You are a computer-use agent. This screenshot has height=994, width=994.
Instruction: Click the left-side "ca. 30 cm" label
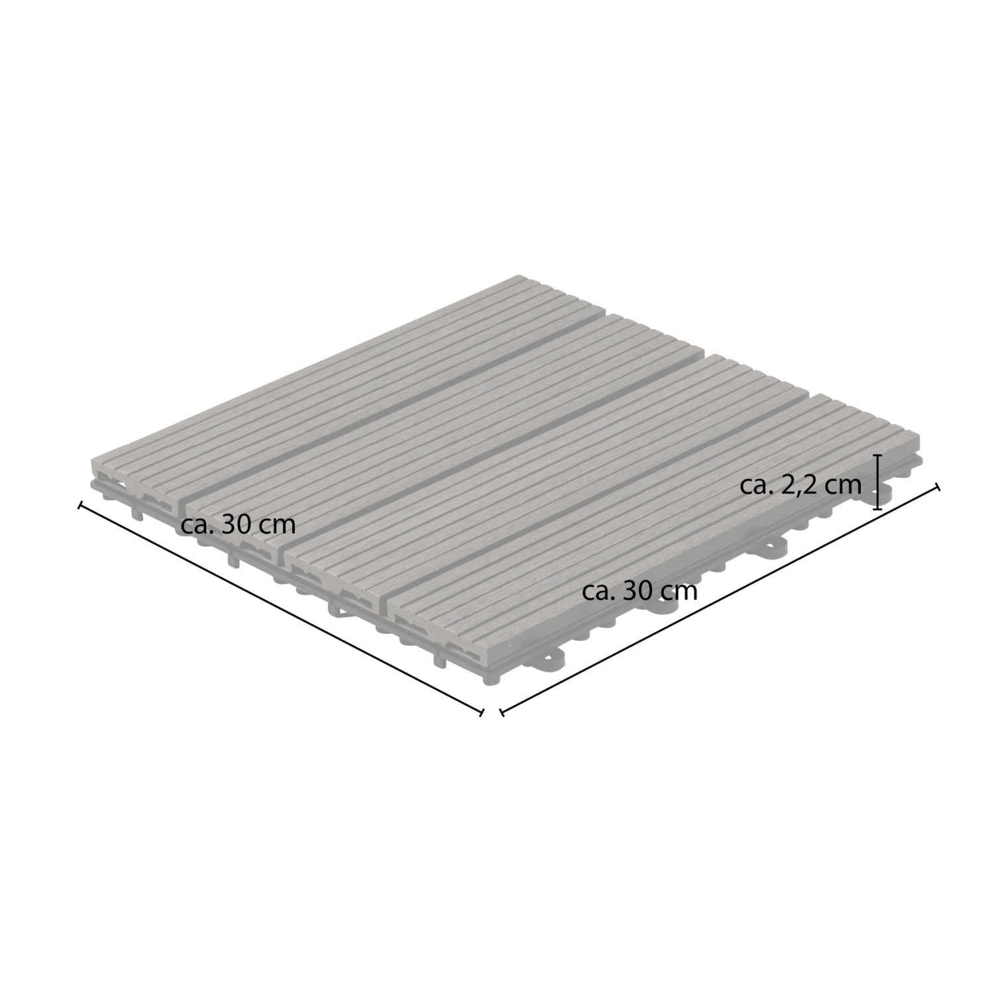238,524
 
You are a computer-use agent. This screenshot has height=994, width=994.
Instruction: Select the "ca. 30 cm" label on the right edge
639,590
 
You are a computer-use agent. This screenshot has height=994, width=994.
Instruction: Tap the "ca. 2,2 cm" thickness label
801,485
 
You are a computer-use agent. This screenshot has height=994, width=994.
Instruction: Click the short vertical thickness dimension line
878,482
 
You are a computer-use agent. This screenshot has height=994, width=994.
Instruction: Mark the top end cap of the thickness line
878,456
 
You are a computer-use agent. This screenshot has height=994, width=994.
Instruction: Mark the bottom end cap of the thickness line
878,509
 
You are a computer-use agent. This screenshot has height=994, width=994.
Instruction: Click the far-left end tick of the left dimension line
80,506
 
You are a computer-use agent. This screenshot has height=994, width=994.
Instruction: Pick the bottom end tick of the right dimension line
502,713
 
